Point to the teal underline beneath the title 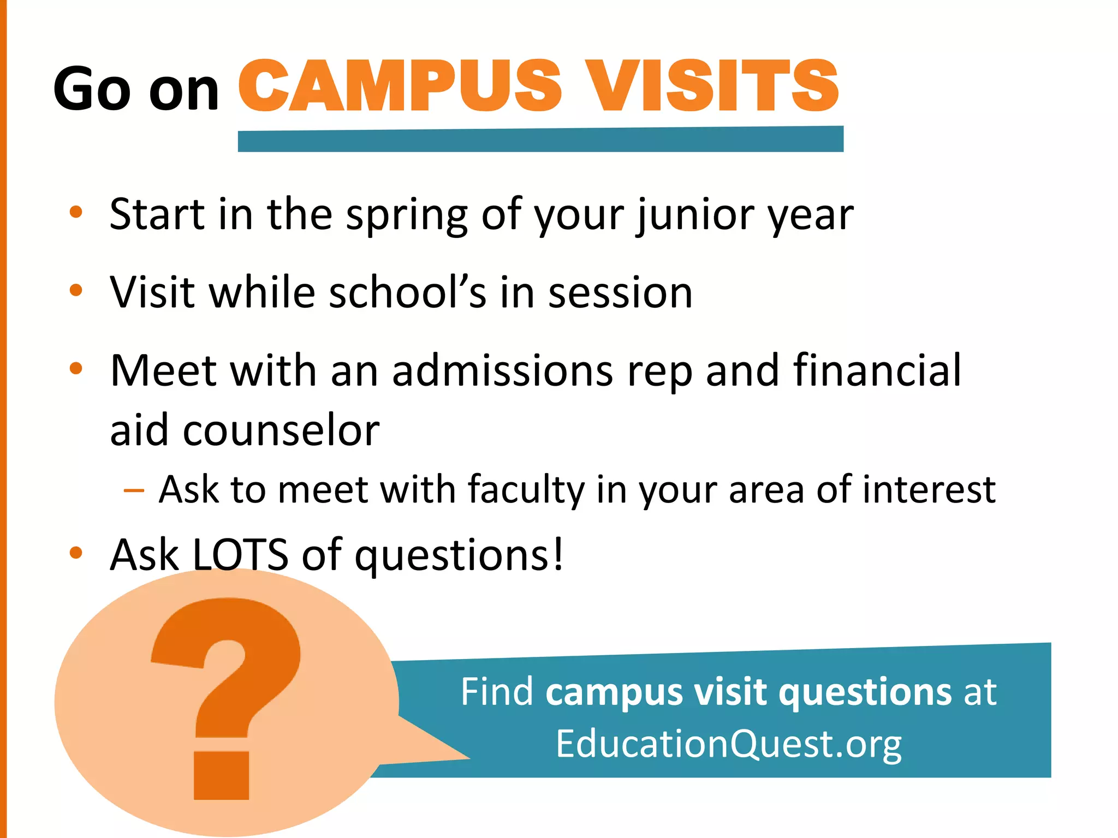click(540, 140)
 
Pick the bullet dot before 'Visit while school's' click(76, 290)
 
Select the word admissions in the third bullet click(502, 371)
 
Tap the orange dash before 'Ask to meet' click(134, 490)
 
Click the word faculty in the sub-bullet click(526, 489)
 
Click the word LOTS click(240, 555)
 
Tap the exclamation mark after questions click(557, 554)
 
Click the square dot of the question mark click(222, 775)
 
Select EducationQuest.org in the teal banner click(728, 744)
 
